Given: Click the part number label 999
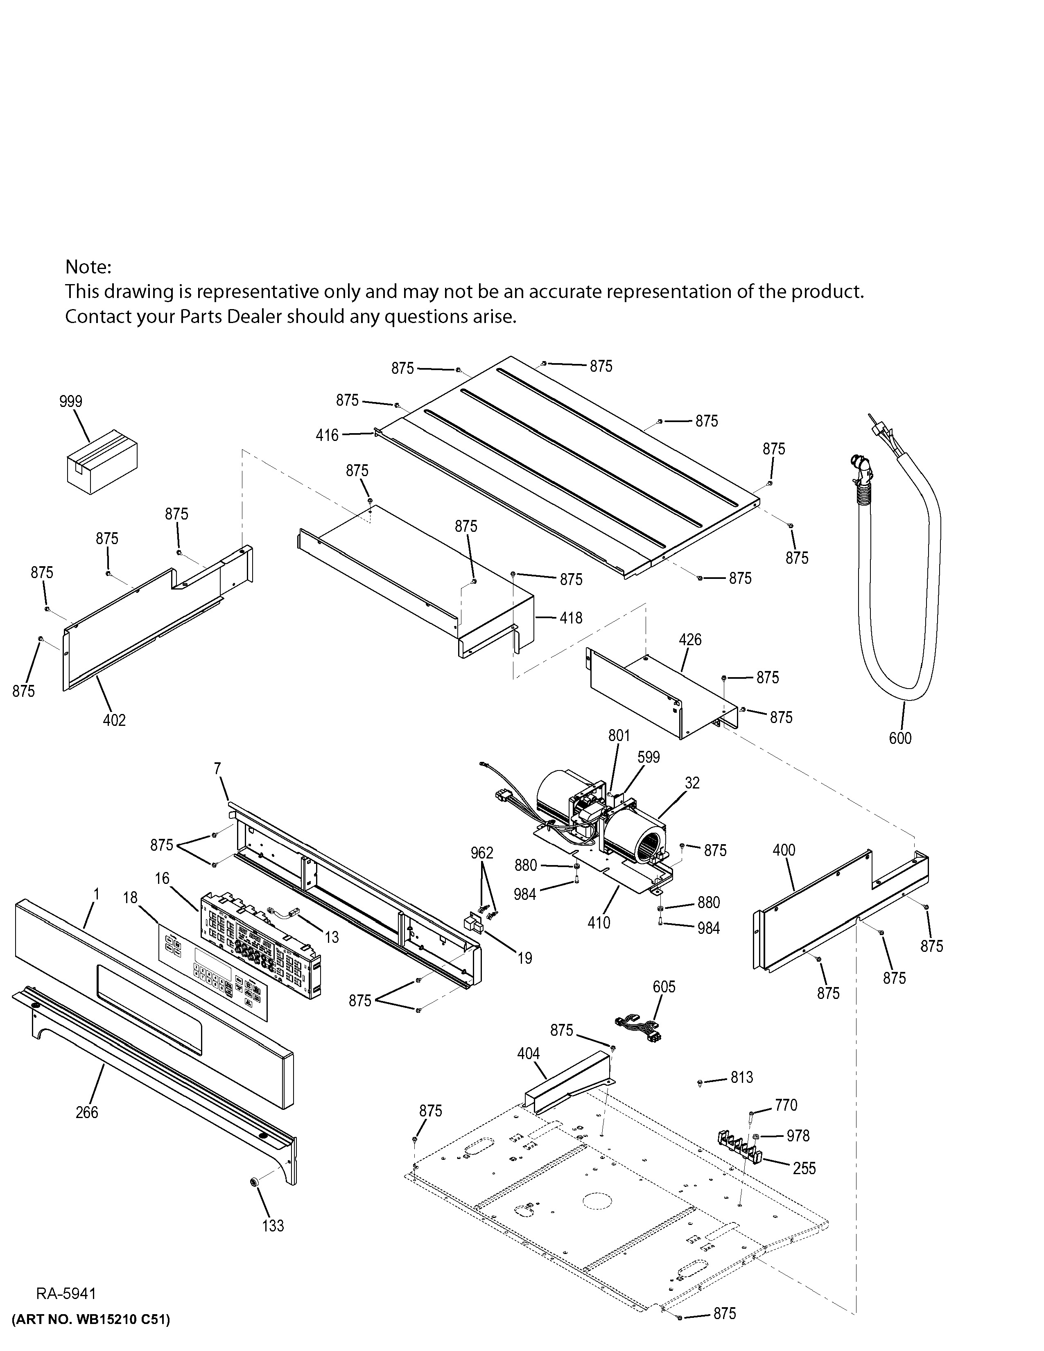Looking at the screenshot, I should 70,402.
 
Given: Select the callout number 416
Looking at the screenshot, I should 327,436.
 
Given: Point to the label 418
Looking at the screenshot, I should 571,617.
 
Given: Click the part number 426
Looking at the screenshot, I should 690,639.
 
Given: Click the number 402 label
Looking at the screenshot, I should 114,720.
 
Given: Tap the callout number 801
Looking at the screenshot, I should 619,736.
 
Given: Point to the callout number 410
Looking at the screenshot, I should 599,923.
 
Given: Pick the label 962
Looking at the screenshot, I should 482,853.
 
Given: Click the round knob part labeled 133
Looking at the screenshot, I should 253,1182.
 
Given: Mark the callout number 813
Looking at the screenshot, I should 741,1078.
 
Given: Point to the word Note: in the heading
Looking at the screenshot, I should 88,267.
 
